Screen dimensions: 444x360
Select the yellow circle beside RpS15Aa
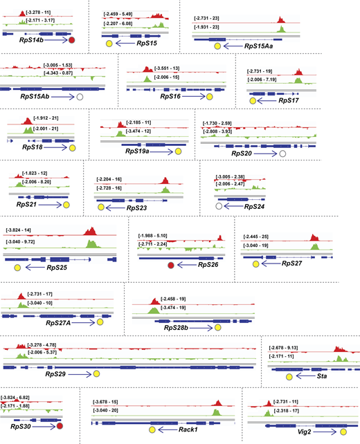[x=217, y=45]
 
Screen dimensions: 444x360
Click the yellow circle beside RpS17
[x=253, y=100]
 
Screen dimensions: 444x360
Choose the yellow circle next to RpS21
[x=66, y=205]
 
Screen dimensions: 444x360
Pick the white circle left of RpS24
[x=219, y=205]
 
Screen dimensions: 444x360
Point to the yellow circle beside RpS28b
[x=217, y=326]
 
